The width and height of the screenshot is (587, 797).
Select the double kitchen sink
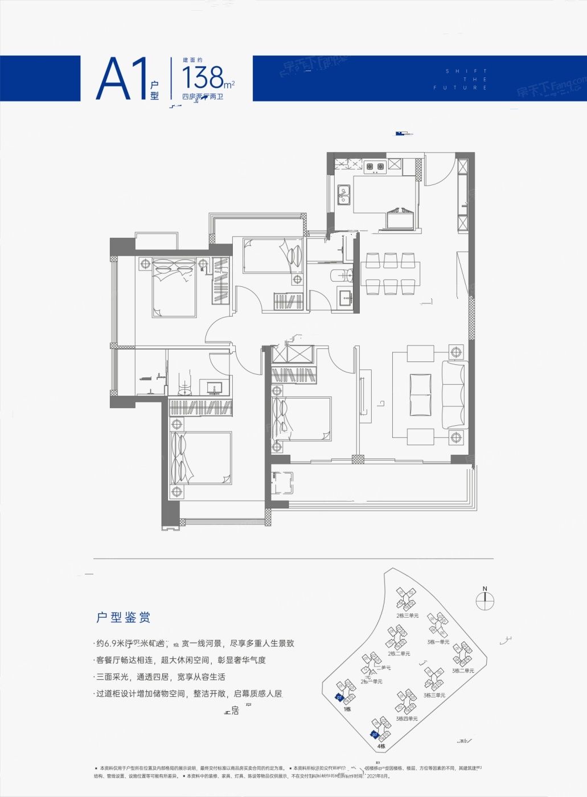pos(343,194)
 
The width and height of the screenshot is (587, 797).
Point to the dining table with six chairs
pos(391,274)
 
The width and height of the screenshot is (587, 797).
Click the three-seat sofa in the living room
pos(454,395)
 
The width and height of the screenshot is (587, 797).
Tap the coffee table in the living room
pos(420,395)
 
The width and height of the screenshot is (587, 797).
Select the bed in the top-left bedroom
pos(174,287)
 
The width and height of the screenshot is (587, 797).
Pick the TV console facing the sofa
pos(365,395)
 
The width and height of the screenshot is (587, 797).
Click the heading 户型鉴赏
pos(123,617)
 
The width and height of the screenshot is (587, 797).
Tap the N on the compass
pos(485,589)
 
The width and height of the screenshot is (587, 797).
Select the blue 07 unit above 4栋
pos(375,734)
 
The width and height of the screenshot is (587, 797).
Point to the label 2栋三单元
pos(407,615)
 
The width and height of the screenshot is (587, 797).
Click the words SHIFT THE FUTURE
pos(460,79)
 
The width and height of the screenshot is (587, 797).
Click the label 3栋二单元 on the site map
pos(463,671)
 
